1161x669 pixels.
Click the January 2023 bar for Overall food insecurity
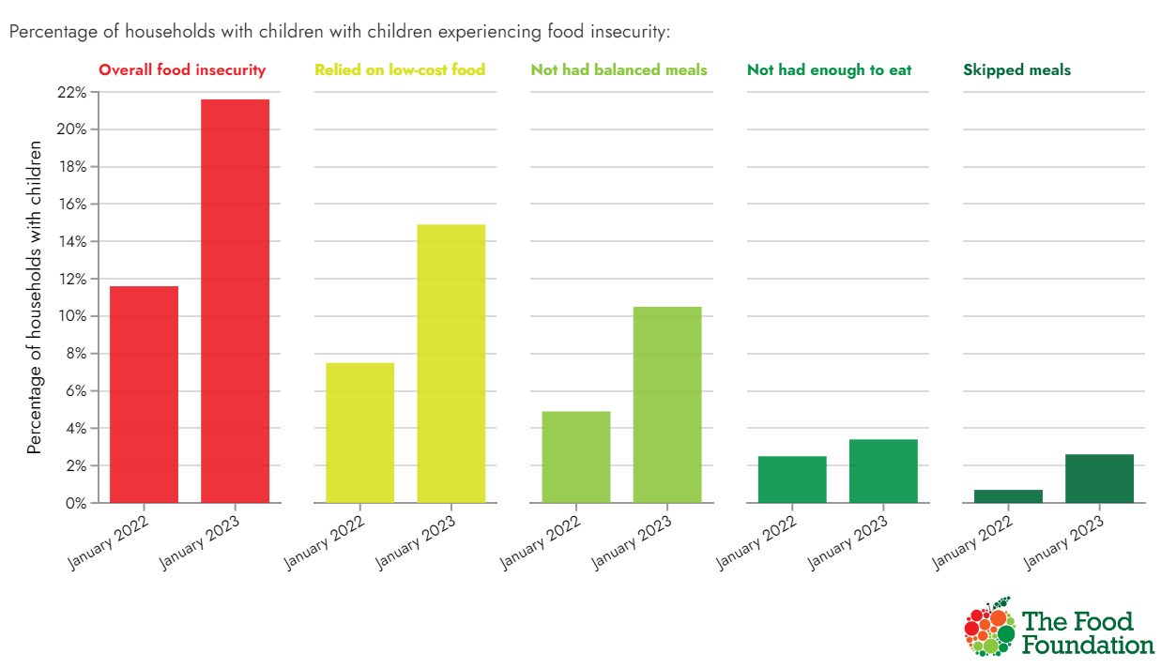(235, 300)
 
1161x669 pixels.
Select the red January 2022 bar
(145, 394)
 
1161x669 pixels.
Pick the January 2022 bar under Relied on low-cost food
(360, 433)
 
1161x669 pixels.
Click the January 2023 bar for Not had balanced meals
(667, 404)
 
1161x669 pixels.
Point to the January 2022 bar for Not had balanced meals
(576, 457)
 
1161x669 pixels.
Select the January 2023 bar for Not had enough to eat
(883, 471)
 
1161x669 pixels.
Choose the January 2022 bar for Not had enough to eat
(792, 479)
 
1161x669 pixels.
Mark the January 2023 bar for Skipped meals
(1099, 479)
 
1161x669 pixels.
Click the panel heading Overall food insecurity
(182, 70)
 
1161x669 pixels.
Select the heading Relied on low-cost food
(400, 70)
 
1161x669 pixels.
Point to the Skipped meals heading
(1016, 70)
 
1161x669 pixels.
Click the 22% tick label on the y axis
(71, 92)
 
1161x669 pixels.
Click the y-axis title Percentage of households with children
(35, 297)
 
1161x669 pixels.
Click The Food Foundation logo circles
(989, 626)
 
